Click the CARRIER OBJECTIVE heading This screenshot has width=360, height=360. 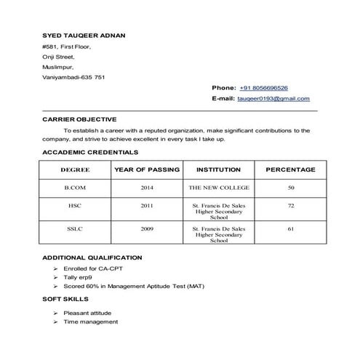pyautogui.click(x=79, y=119)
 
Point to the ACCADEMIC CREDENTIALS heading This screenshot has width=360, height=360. pyautogui.click(x=90, y=153)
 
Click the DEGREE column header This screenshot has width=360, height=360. pyautogui.click(x=75, y=169)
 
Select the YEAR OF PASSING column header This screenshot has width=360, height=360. pyautogui.click(x=147, y=169)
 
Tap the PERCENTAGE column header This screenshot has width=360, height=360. pyautogui.click(x=290, y=169)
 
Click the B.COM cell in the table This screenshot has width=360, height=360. pyautogui.click(x=75, y=188)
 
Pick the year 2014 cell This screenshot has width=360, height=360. pyautogui.click(x=147, y=188)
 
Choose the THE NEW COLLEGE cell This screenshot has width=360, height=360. pyautogui.click(x=218, y=188)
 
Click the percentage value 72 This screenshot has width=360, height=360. pyautogui.click(x=290, y=206)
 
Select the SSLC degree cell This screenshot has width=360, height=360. pyautogui.click(x=75, y=229)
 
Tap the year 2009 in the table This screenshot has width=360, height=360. pyautogui.click(x=147, y=229)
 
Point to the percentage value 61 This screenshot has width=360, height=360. pyautogui.click(x=290, y=229)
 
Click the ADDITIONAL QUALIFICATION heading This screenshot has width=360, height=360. pyautogui.click(x=92, y=258)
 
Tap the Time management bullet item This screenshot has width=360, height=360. pyautogui.click(x=90, y=321)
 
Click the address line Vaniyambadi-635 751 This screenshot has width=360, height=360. pyautogui.click(x=73, y=76)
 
